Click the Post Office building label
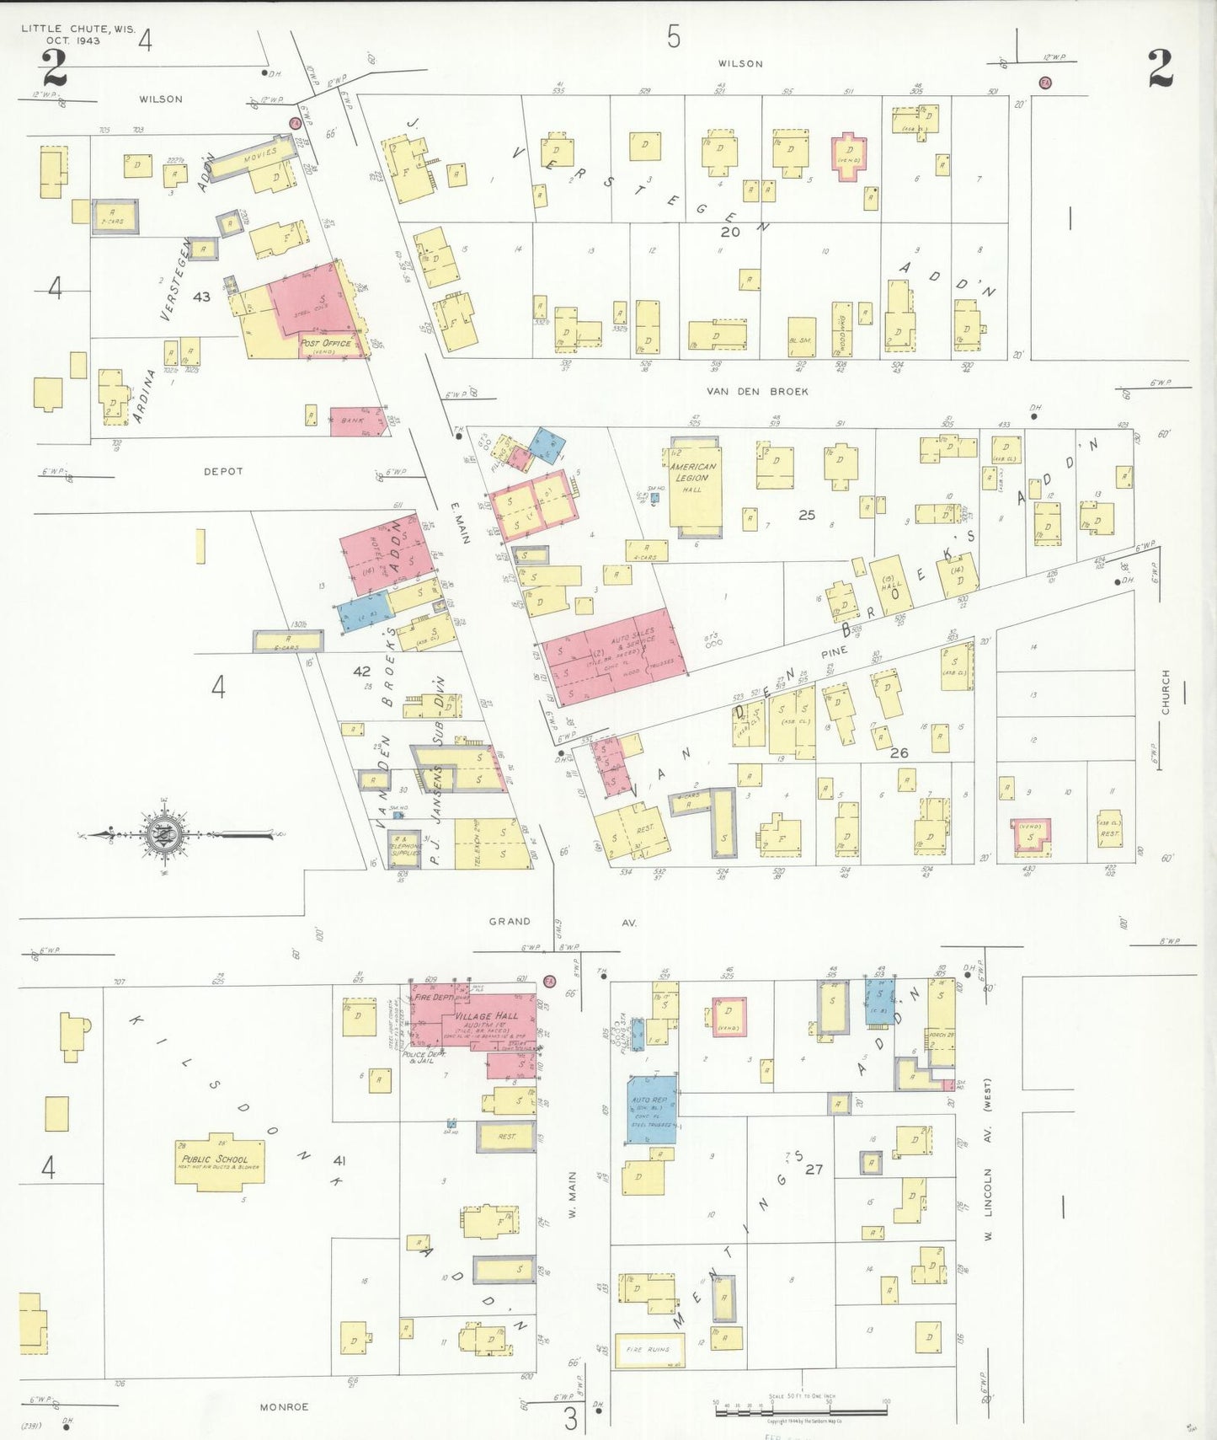coord(327,344)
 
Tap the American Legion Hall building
coord(695,487)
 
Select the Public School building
coord(220,1161)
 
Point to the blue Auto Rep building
coord(651,1109)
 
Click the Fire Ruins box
coord(649,1349)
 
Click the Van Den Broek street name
coord(757,391)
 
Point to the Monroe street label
coord(284,1406)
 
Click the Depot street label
coord(223,471)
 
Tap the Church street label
coord(1166,692)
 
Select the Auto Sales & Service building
coord(614,656)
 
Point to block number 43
coord(201,297)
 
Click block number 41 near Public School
coord(339,1160)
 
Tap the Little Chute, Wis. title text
coord(77,34)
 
